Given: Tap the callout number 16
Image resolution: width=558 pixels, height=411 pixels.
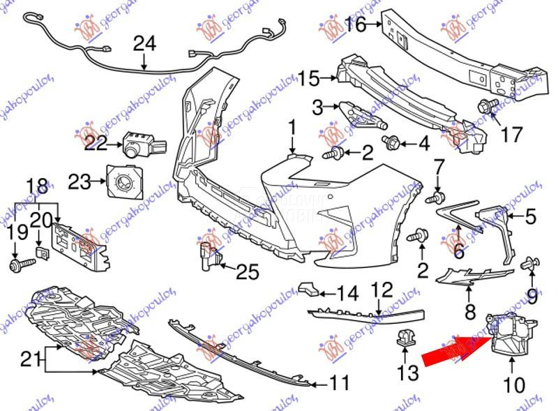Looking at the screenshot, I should point(355,26).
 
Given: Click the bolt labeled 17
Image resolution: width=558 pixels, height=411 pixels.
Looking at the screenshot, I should point(486,107).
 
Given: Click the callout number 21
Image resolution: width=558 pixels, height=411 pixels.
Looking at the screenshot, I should point(29,359).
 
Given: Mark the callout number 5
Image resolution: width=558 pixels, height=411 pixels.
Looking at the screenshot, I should point(530,217).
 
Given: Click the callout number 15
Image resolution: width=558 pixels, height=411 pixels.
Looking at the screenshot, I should point(310,77).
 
